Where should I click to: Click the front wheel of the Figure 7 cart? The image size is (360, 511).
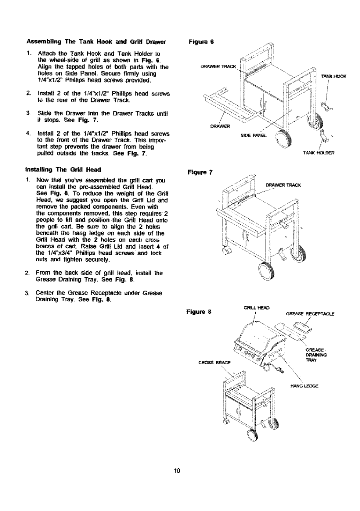(265, 270)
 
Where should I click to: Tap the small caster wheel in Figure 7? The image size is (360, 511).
(226, 251)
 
